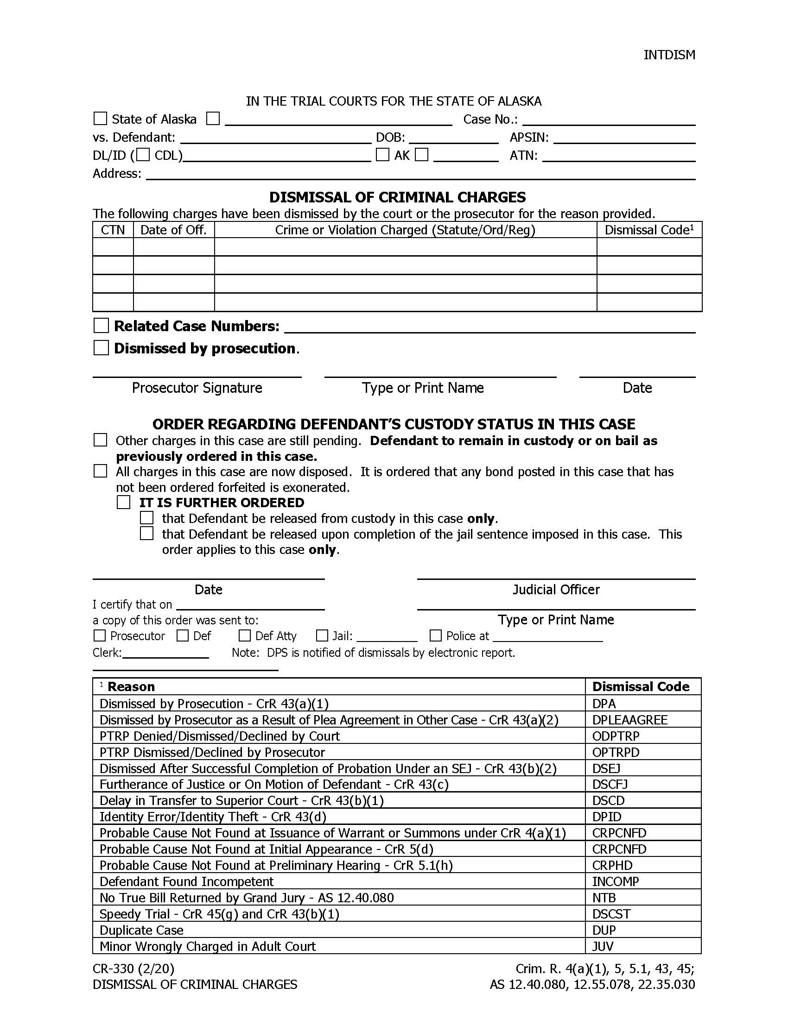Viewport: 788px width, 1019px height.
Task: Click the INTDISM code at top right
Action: click(669, 55)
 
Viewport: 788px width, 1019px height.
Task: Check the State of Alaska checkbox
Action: click(101, 119)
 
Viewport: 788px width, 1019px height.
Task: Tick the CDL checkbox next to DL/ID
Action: click(143, 154)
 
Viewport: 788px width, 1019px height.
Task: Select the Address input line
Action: click(420, 175)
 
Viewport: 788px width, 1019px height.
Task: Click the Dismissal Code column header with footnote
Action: click(649, 230)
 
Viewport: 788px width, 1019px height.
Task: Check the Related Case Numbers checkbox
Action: click(101, 326)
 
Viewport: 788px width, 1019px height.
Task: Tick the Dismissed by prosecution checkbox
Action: click(101, 348)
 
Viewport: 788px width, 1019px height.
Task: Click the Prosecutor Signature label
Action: click(197, 388)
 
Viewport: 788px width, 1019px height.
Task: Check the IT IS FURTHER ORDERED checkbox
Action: click(124, 503)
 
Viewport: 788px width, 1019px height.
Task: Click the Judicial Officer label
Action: click(555, 590)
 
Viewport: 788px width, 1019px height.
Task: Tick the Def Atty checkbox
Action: click(244, 635)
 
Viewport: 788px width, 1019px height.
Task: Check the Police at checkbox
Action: click(435, 635)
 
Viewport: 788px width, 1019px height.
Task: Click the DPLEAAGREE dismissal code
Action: click(629, 720)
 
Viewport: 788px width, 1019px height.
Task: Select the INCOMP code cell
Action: click(615, 881)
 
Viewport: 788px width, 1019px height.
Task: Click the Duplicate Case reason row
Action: click(141, 930)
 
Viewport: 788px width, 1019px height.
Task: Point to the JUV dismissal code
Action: click(603, 946)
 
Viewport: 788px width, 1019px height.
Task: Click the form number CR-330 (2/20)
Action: click(133, 969)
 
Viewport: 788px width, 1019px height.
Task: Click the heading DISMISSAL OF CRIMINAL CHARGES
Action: click(397, 197)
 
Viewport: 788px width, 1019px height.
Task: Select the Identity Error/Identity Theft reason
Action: click(212, 817)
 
